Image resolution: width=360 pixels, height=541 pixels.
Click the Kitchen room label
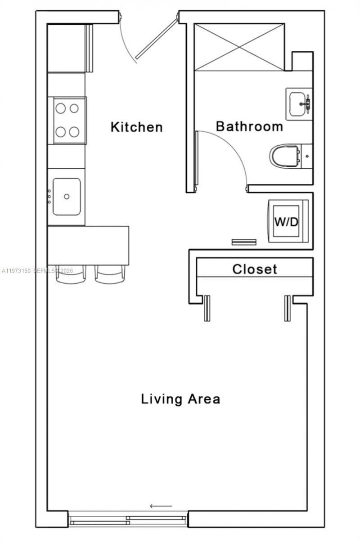(136, 127)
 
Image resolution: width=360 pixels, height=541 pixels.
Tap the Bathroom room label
(249, 126)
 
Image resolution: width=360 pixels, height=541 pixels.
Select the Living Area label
(180, 398)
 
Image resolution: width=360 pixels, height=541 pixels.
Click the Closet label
(254, 269)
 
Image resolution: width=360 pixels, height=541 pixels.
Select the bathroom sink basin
(299, 104)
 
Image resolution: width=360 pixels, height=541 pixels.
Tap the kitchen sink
(67, 197)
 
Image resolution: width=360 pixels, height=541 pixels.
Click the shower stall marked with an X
(238, 47)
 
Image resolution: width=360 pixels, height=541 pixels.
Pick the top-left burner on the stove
(60, 108)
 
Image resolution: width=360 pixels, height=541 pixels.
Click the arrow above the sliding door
(161, 506)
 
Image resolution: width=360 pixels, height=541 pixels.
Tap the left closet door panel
(207, 308)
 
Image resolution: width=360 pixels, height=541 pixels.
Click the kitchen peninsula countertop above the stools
(88, 245)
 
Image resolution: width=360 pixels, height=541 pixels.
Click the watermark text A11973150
(16, 271)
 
